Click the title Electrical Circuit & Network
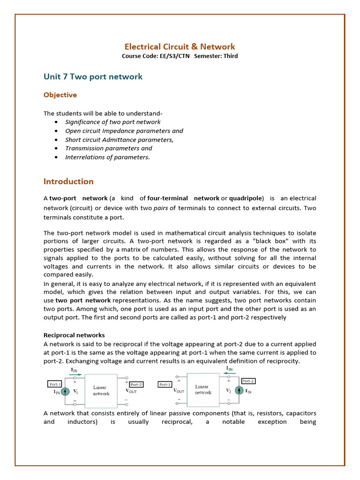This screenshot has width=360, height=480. [x=180, y=46]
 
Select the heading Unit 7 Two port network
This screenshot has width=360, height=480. [x=93, y=76]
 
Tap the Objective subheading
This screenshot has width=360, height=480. [x=60, y=95]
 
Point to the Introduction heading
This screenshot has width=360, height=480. [x=68, y=181]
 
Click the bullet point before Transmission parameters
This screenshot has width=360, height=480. [x=56, y=149]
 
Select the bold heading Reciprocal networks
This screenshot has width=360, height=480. [x=74, y=335]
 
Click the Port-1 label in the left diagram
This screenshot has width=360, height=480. [x=55, y=384]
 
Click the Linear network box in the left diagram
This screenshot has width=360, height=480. [x=101, y=390]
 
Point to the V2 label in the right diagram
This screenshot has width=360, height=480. [x=229, y=390]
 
